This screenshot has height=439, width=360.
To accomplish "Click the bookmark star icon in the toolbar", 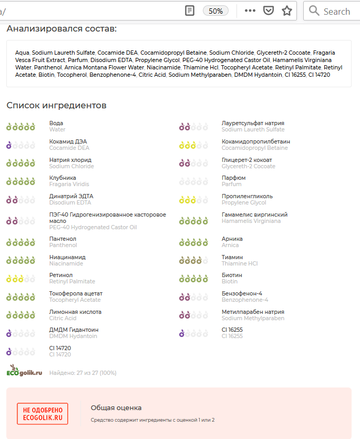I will tap(287, 11).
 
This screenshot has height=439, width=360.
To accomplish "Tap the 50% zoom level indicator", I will tap(215, 11).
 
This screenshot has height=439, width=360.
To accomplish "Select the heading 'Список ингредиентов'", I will tap(56, 106).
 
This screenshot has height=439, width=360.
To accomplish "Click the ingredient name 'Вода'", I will tap(56, 123).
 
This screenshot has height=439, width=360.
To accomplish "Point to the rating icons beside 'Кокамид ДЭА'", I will tap(20, 145).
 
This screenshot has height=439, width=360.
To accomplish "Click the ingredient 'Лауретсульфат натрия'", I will tap(253, 123).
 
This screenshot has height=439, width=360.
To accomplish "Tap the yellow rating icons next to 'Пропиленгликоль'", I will tap(193, 200).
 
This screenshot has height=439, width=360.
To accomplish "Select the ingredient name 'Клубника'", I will tap(63, 178).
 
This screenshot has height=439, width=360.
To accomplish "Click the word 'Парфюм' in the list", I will tap(233, 178).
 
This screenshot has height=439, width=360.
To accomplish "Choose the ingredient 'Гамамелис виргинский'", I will tap(254, 215).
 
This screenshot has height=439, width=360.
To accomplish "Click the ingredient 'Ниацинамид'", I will tap(67, 257).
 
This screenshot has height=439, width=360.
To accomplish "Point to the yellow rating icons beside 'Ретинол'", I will tap(20, 279).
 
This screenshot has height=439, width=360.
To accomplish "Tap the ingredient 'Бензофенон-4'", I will tap(242, 293).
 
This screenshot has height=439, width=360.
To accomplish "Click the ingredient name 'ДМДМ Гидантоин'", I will tap(74, 330).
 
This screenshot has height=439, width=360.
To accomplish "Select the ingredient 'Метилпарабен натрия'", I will tap(253, 312).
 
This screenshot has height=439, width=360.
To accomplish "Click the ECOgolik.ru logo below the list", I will tap(24, 371).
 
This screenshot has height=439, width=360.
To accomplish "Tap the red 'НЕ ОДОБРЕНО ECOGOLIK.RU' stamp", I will tap(43, 414).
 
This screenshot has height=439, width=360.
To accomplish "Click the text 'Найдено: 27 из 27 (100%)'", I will tap(83, 373).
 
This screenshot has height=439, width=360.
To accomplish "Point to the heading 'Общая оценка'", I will tap(116, 407).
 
